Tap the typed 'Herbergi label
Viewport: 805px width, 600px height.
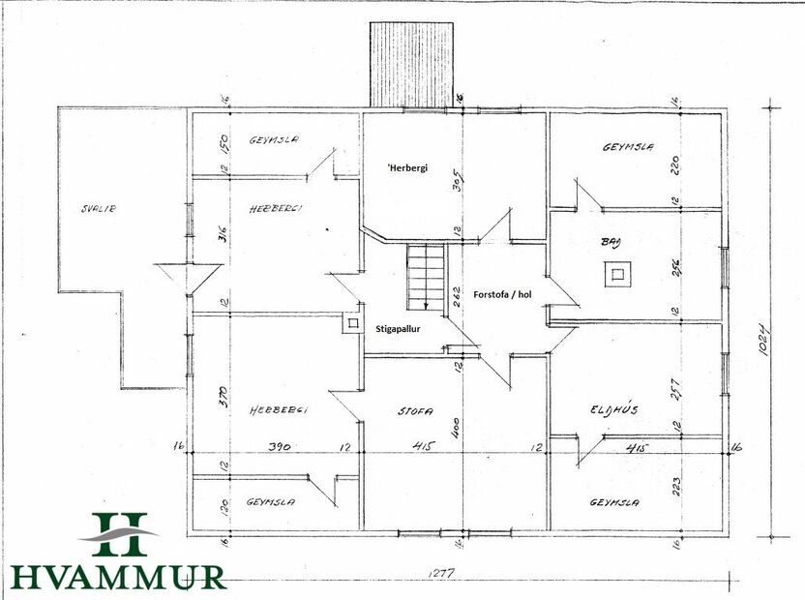pos(407,167)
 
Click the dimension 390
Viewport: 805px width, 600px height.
pos(280,446)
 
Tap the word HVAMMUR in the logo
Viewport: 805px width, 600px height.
pos(119,576)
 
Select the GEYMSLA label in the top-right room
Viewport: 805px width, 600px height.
pos(628,148)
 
